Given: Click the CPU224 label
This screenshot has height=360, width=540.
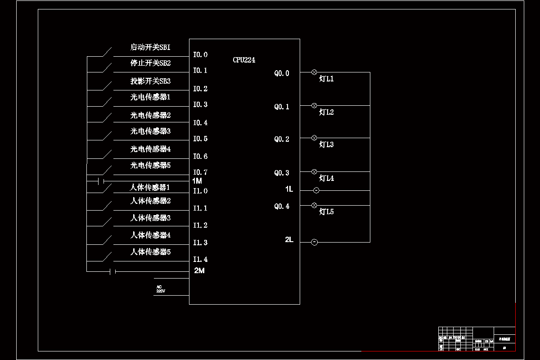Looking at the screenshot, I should click(244, 60).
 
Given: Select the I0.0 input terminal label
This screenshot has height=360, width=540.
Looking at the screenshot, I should click(200, 55).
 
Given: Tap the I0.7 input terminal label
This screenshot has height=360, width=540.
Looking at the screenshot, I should click(200, 172).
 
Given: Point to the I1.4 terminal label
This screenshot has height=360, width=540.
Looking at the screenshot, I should click(200, 260).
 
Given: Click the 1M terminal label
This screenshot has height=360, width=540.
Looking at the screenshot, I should click(197, 180).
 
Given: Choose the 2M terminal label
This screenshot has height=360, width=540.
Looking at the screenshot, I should click(199, 270).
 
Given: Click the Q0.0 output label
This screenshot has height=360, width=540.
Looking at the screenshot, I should click(282, 73).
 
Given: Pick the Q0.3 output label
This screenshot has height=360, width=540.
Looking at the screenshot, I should click(282, 173).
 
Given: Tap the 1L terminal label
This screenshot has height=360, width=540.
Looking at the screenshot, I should click(289, 189).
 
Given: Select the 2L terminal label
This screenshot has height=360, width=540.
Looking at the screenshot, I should click(289, 240).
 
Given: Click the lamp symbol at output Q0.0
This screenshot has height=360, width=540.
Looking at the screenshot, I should click(315, 72).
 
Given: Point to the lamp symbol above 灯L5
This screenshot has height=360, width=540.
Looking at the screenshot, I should click(315, 205).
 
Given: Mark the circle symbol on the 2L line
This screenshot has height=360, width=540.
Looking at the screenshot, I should click(315, 242).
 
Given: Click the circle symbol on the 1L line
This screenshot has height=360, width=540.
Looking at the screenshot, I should click(316, 190).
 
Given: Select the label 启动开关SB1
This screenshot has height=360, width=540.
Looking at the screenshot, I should click(150, 47).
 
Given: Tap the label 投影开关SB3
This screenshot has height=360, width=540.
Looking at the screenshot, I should click(150, 81).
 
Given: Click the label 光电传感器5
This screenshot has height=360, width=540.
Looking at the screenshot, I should click(150, 165).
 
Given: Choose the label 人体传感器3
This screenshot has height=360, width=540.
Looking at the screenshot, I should click(150, 218).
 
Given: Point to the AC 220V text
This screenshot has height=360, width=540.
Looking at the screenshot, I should click(161, 289).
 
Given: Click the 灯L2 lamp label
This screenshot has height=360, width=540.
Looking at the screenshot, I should click(326, 112).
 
